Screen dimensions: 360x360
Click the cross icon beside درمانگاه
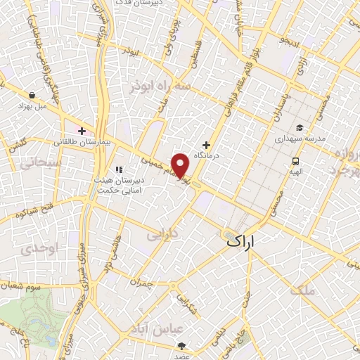207,144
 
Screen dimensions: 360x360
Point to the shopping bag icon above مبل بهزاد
32,94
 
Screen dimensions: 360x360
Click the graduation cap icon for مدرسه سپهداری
300,127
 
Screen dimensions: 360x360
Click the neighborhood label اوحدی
37,249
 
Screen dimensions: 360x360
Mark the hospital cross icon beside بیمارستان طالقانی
82,130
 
